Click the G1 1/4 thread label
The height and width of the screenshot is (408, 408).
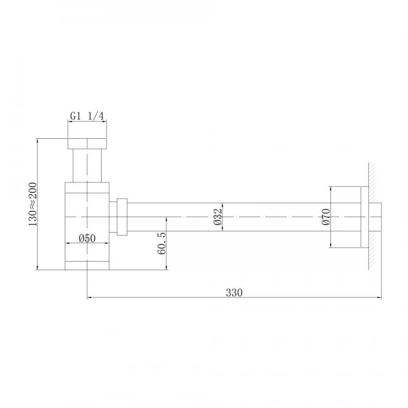click(87, 117)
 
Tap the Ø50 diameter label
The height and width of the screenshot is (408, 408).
click(87, 238)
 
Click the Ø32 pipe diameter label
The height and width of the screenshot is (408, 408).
click(218, 217)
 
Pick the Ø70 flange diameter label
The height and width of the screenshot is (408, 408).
click(325, 217)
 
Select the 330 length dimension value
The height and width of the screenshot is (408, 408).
click(234, 292)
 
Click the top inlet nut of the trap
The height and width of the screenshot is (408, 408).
click(87, 143)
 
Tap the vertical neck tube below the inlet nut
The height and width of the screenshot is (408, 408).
click(87, 165)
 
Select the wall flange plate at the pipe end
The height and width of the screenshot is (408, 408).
click(364, 217)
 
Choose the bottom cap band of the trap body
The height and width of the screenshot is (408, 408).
click(87, 265)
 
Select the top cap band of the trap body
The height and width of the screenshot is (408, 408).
click(87, 188)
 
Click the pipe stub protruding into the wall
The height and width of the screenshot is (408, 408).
click(376, 217)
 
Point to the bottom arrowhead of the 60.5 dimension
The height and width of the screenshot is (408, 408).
click(168, 267)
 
